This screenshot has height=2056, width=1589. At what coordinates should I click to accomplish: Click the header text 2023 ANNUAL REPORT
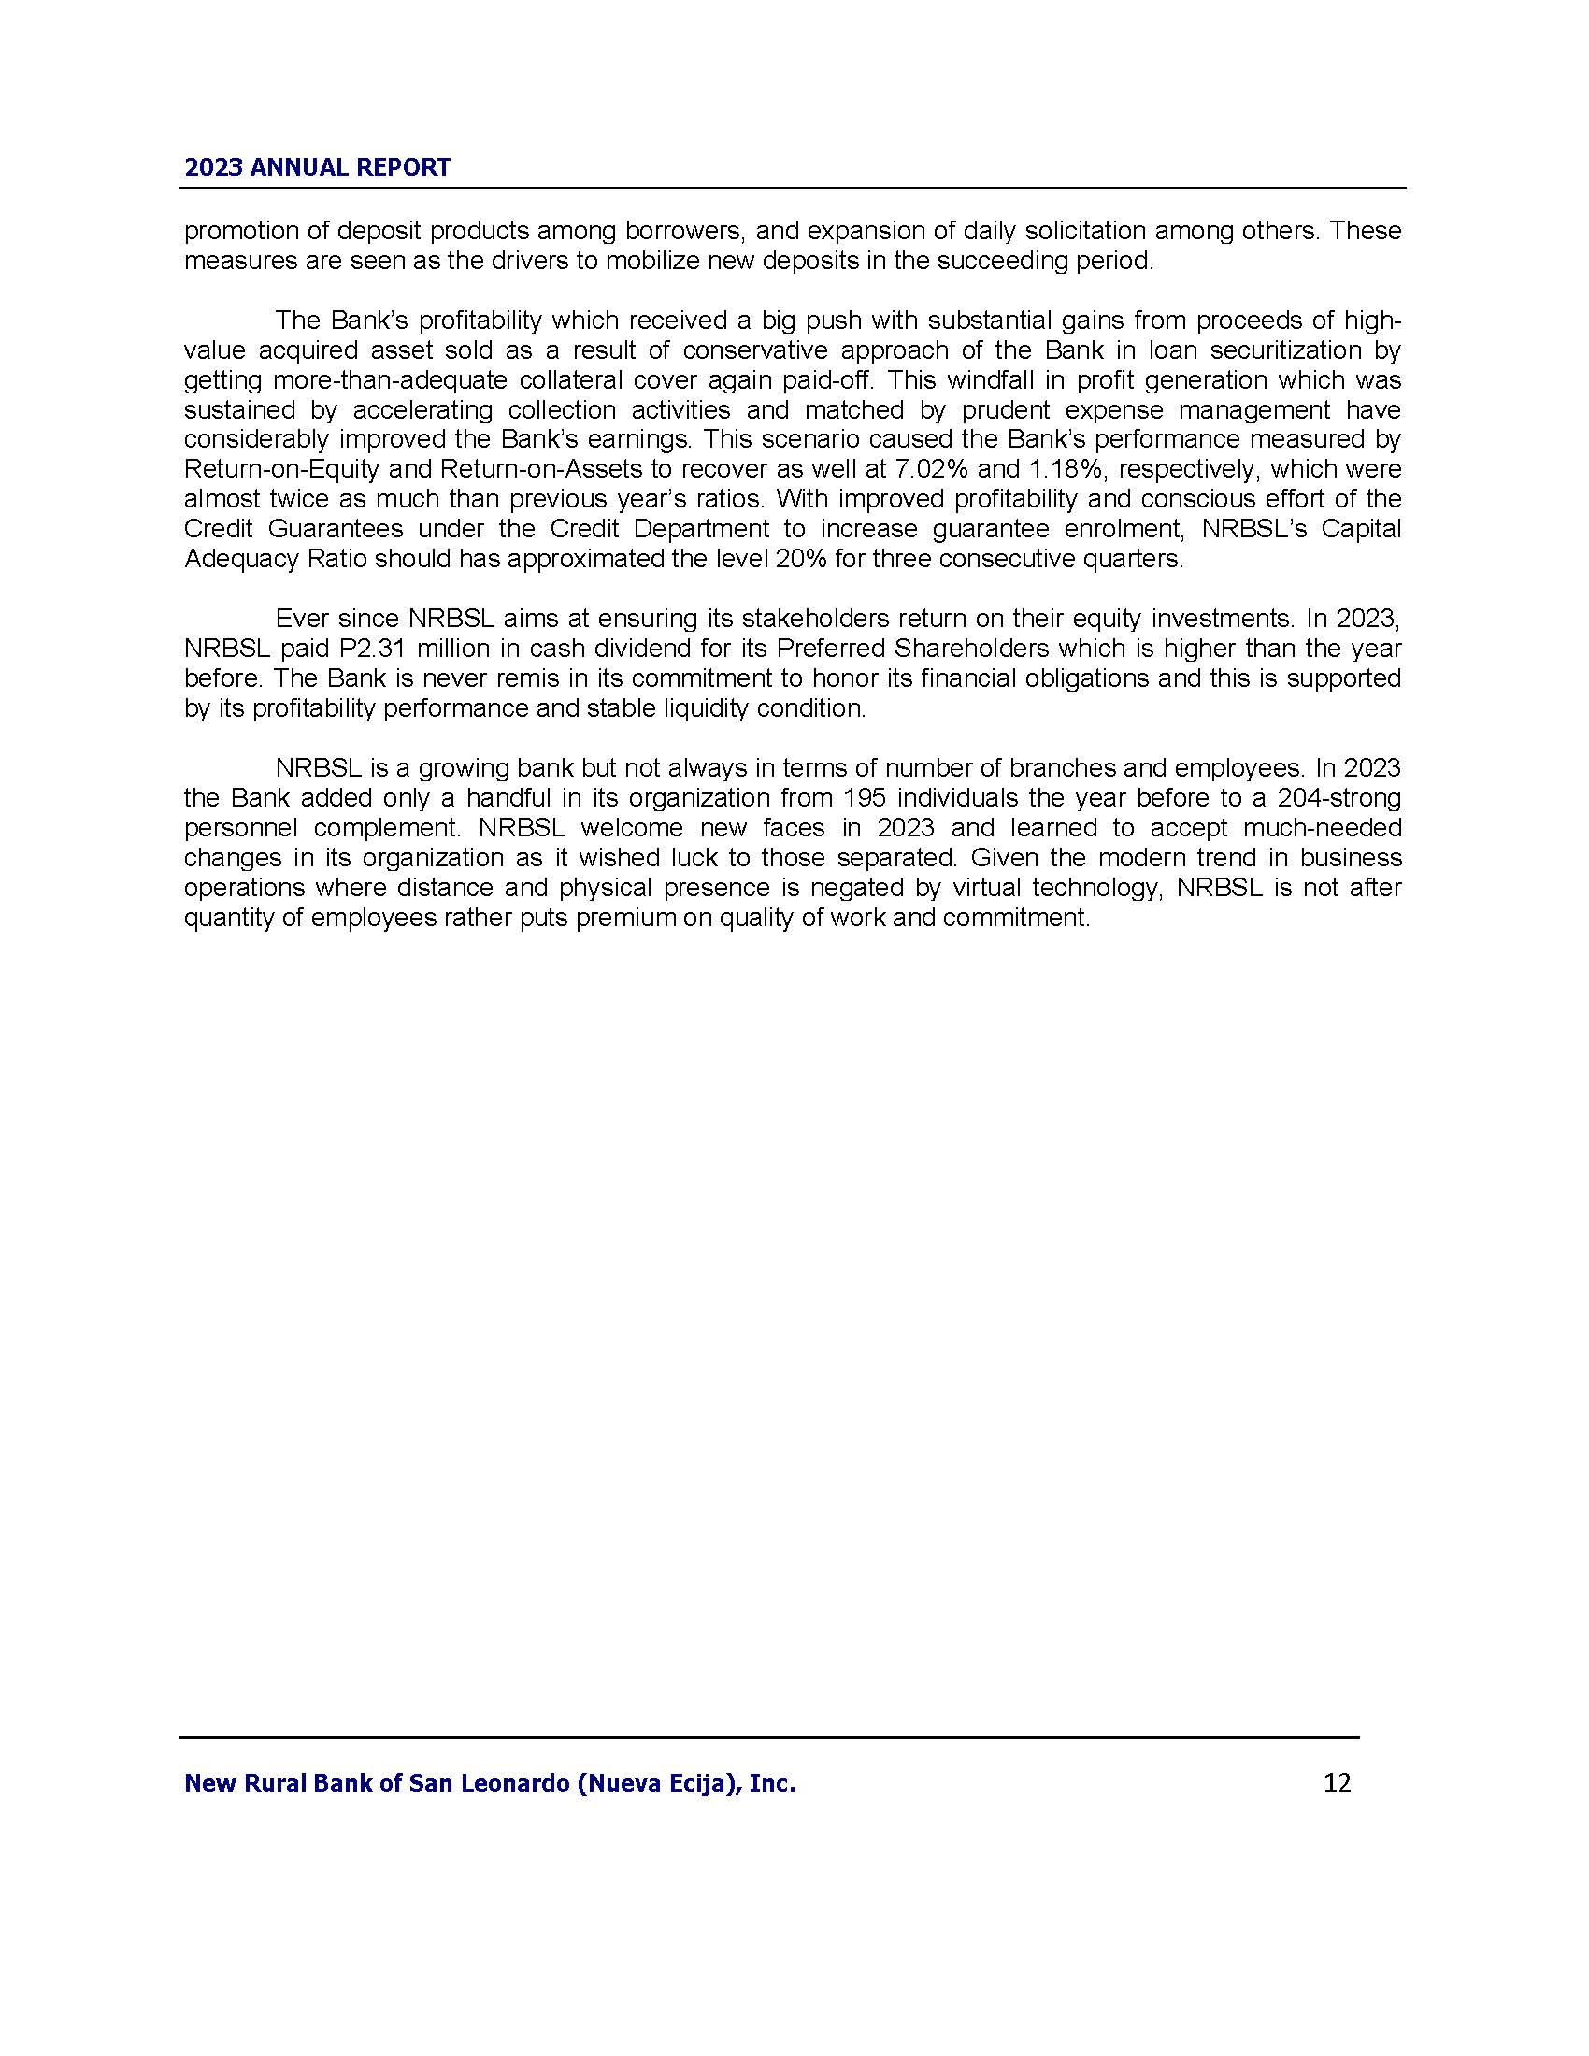[x=317, y=167]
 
